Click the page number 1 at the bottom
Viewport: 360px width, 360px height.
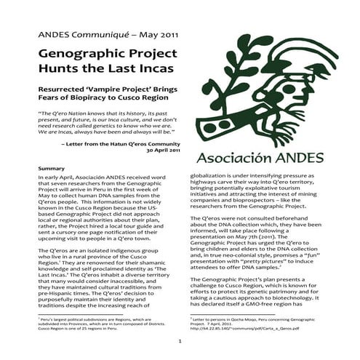pyautogui.click(x=179, y=340)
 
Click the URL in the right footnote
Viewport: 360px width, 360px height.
pyautogui.click(x=244, y=327)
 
